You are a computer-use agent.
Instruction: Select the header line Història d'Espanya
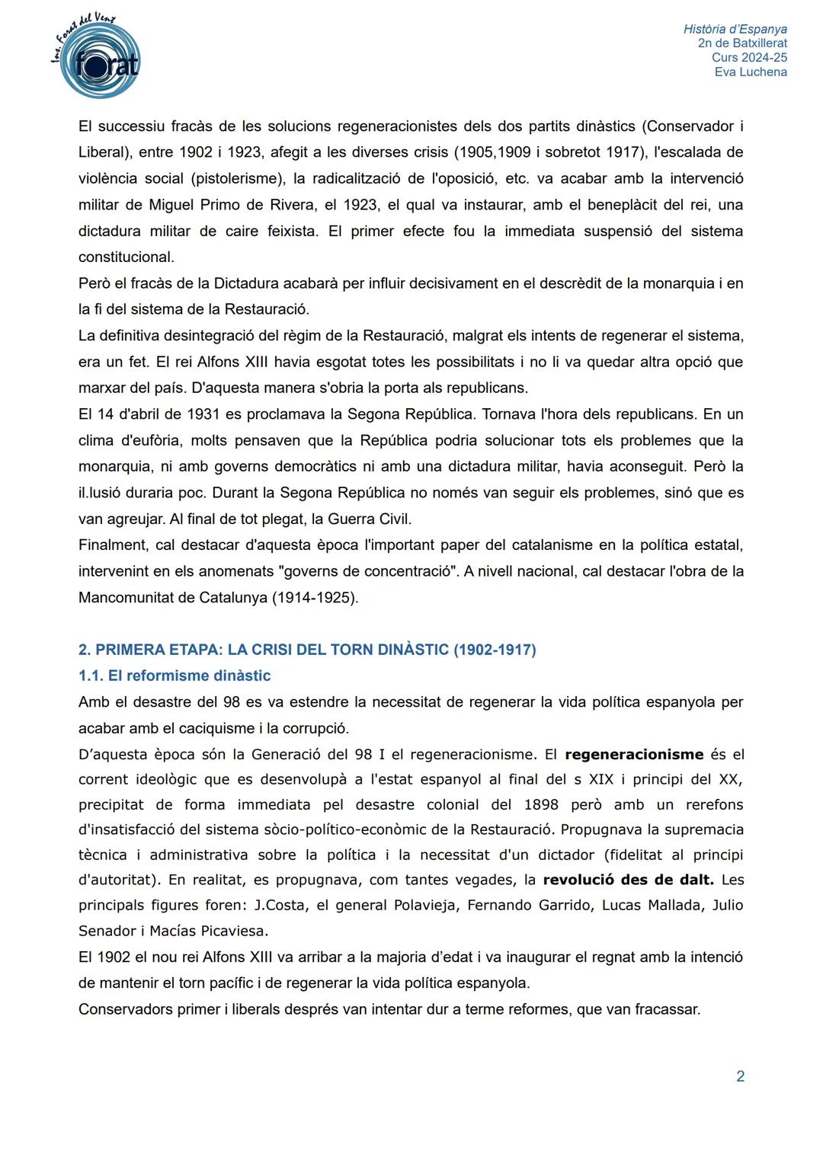click(735, 30)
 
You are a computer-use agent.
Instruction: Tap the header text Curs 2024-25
click(749, 58)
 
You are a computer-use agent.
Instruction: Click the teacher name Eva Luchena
click(751, 72)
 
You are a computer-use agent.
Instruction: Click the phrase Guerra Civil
click(369, 519)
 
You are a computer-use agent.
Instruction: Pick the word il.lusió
click(104, 494)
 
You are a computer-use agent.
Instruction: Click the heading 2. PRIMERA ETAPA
click(307, 650)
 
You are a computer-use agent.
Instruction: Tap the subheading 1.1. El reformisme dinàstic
click(175, 676)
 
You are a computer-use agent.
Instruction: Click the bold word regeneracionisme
click(634, 755)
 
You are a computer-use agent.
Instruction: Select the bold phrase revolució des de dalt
click(628, 880)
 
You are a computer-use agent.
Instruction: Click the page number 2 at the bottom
click(740, 1076)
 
